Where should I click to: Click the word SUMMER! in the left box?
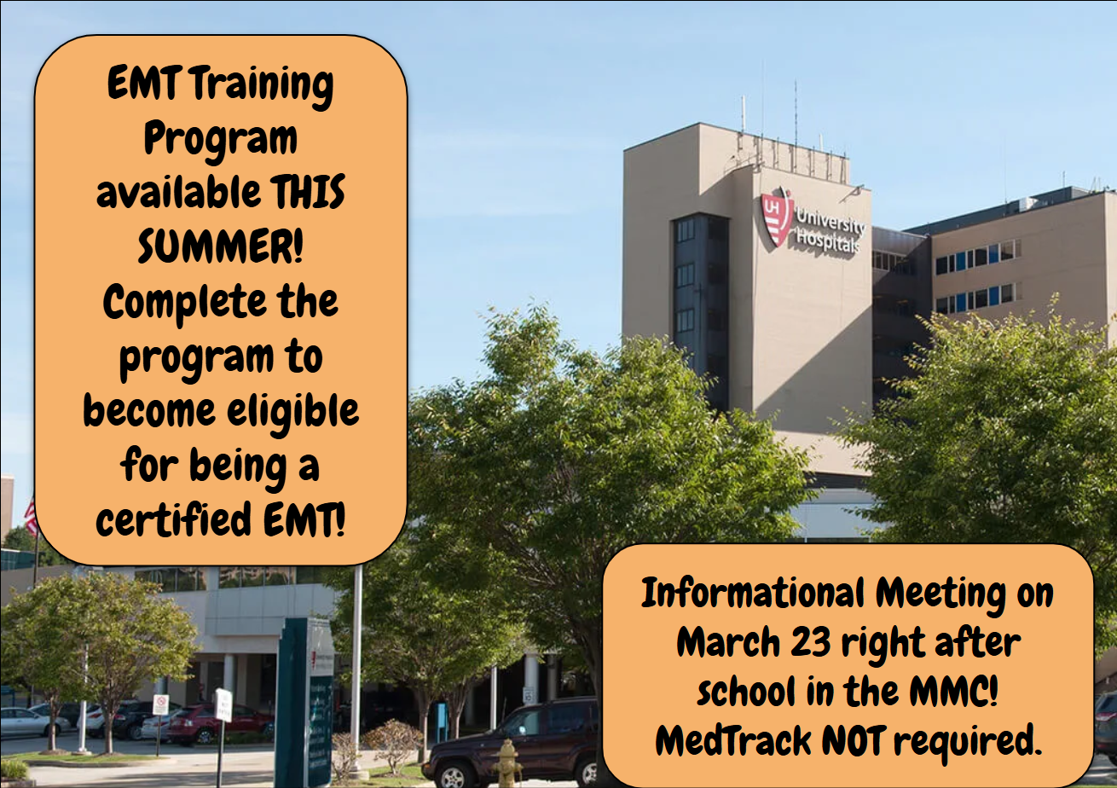(220, 246)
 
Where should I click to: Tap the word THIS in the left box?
(308, 192)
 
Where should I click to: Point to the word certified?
(174, 519)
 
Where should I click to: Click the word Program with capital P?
(220, 140)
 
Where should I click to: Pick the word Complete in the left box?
(184, 303)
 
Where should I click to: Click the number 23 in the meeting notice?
(810, 641)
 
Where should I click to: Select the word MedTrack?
(734, 740)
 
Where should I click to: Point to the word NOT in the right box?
(854, 740)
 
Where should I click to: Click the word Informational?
(753, 593)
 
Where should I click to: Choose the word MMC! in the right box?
(953, 691)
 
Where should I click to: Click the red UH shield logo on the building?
(777, 217)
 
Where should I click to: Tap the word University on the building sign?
(831, 220)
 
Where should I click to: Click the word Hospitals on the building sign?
(828, 240)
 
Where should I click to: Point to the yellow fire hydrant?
(507, 763)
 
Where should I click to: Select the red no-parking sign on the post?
(160, 704)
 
